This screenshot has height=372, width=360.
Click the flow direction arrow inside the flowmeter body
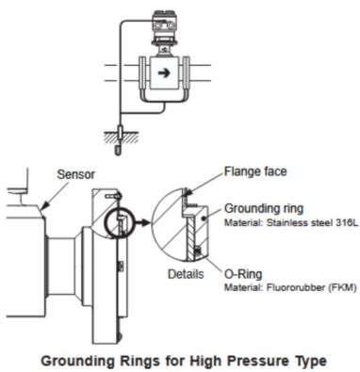[164, 73]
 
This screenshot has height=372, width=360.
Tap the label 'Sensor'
[75, 174]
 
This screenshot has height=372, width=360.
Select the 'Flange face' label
[255, 171]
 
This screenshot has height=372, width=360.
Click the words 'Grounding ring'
[264, 208]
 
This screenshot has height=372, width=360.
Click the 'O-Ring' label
[243, 274]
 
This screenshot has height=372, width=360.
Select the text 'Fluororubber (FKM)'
[311, 287]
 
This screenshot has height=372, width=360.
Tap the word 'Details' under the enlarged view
[186, 274]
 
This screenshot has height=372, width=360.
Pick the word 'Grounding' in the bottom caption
[78, 361]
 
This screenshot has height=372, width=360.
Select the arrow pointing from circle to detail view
[143, 222]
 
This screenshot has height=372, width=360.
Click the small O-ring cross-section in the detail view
[198, 251]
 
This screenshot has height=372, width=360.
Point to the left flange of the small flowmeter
[142, 73]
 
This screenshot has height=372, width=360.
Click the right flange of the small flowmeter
[187, 73]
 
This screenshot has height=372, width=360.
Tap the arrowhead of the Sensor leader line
[44, 206]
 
